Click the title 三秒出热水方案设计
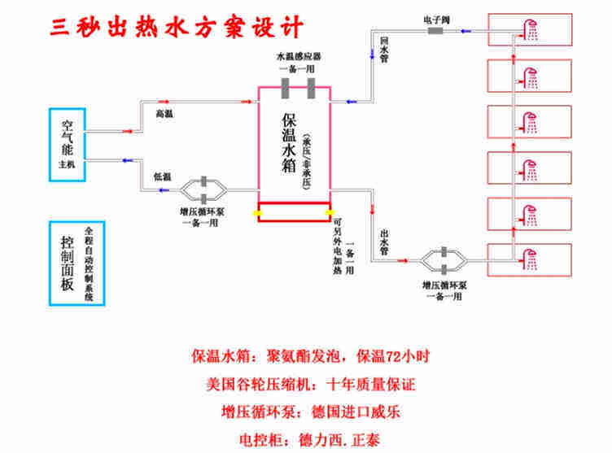(174, 26)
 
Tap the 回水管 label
(384, 47)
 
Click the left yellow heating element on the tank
(256, 213)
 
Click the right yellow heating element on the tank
(330, 213)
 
